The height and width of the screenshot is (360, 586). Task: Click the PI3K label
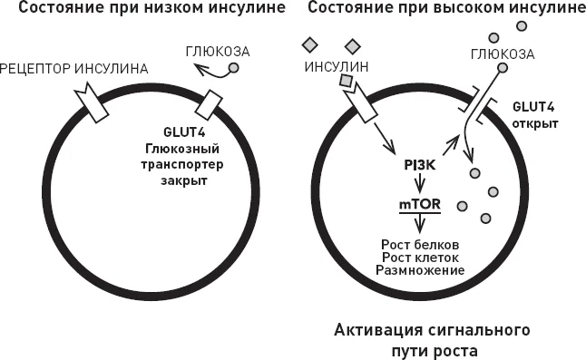pos(420,165)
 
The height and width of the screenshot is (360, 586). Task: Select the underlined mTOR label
pos(420,205)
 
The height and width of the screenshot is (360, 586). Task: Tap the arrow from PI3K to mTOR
pos(420,182)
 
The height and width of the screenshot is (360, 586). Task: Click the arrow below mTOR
pos(420,223)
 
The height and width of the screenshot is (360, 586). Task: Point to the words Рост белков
pos(420,245)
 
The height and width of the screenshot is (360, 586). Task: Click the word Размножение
pos(420,270)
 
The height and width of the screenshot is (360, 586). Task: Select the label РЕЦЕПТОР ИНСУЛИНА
pos(74,69)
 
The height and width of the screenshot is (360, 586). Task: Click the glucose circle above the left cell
pos(233,68)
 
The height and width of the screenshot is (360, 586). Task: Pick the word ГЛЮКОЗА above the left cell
pos(218,52)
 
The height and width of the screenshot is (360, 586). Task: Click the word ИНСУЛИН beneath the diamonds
pos(337,67)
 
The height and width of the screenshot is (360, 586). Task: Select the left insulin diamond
pos(310,45)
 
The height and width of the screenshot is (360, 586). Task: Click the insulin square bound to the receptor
pos(346,81)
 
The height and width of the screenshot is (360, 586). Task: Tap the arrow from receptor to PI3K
pos(385,138)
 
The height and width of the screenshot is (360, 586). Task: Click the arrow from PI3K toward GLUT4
pos(451,146)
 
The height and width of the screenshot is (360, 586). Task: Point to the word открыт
pos(535,123)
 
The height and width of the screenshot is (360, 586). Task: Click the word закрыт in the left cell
pos(184,180)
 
